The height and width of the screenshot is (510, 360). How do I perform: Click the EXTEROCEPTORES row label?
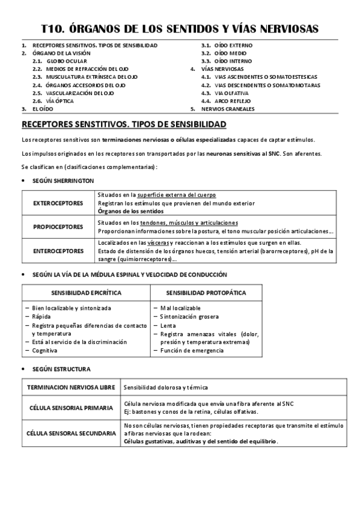(58, 203)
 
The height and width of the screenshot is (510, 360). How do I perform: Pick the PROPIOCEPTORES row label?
(58, 227)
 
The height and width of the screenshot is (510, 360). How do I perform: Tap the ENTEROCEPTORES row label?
(58, 251)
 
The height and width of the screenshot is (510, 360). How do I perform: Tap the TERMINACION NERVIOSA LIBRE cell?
(70, 387)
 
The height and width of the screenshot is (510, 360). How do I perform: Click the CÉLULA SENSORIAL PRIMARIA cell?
(70, 408)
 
